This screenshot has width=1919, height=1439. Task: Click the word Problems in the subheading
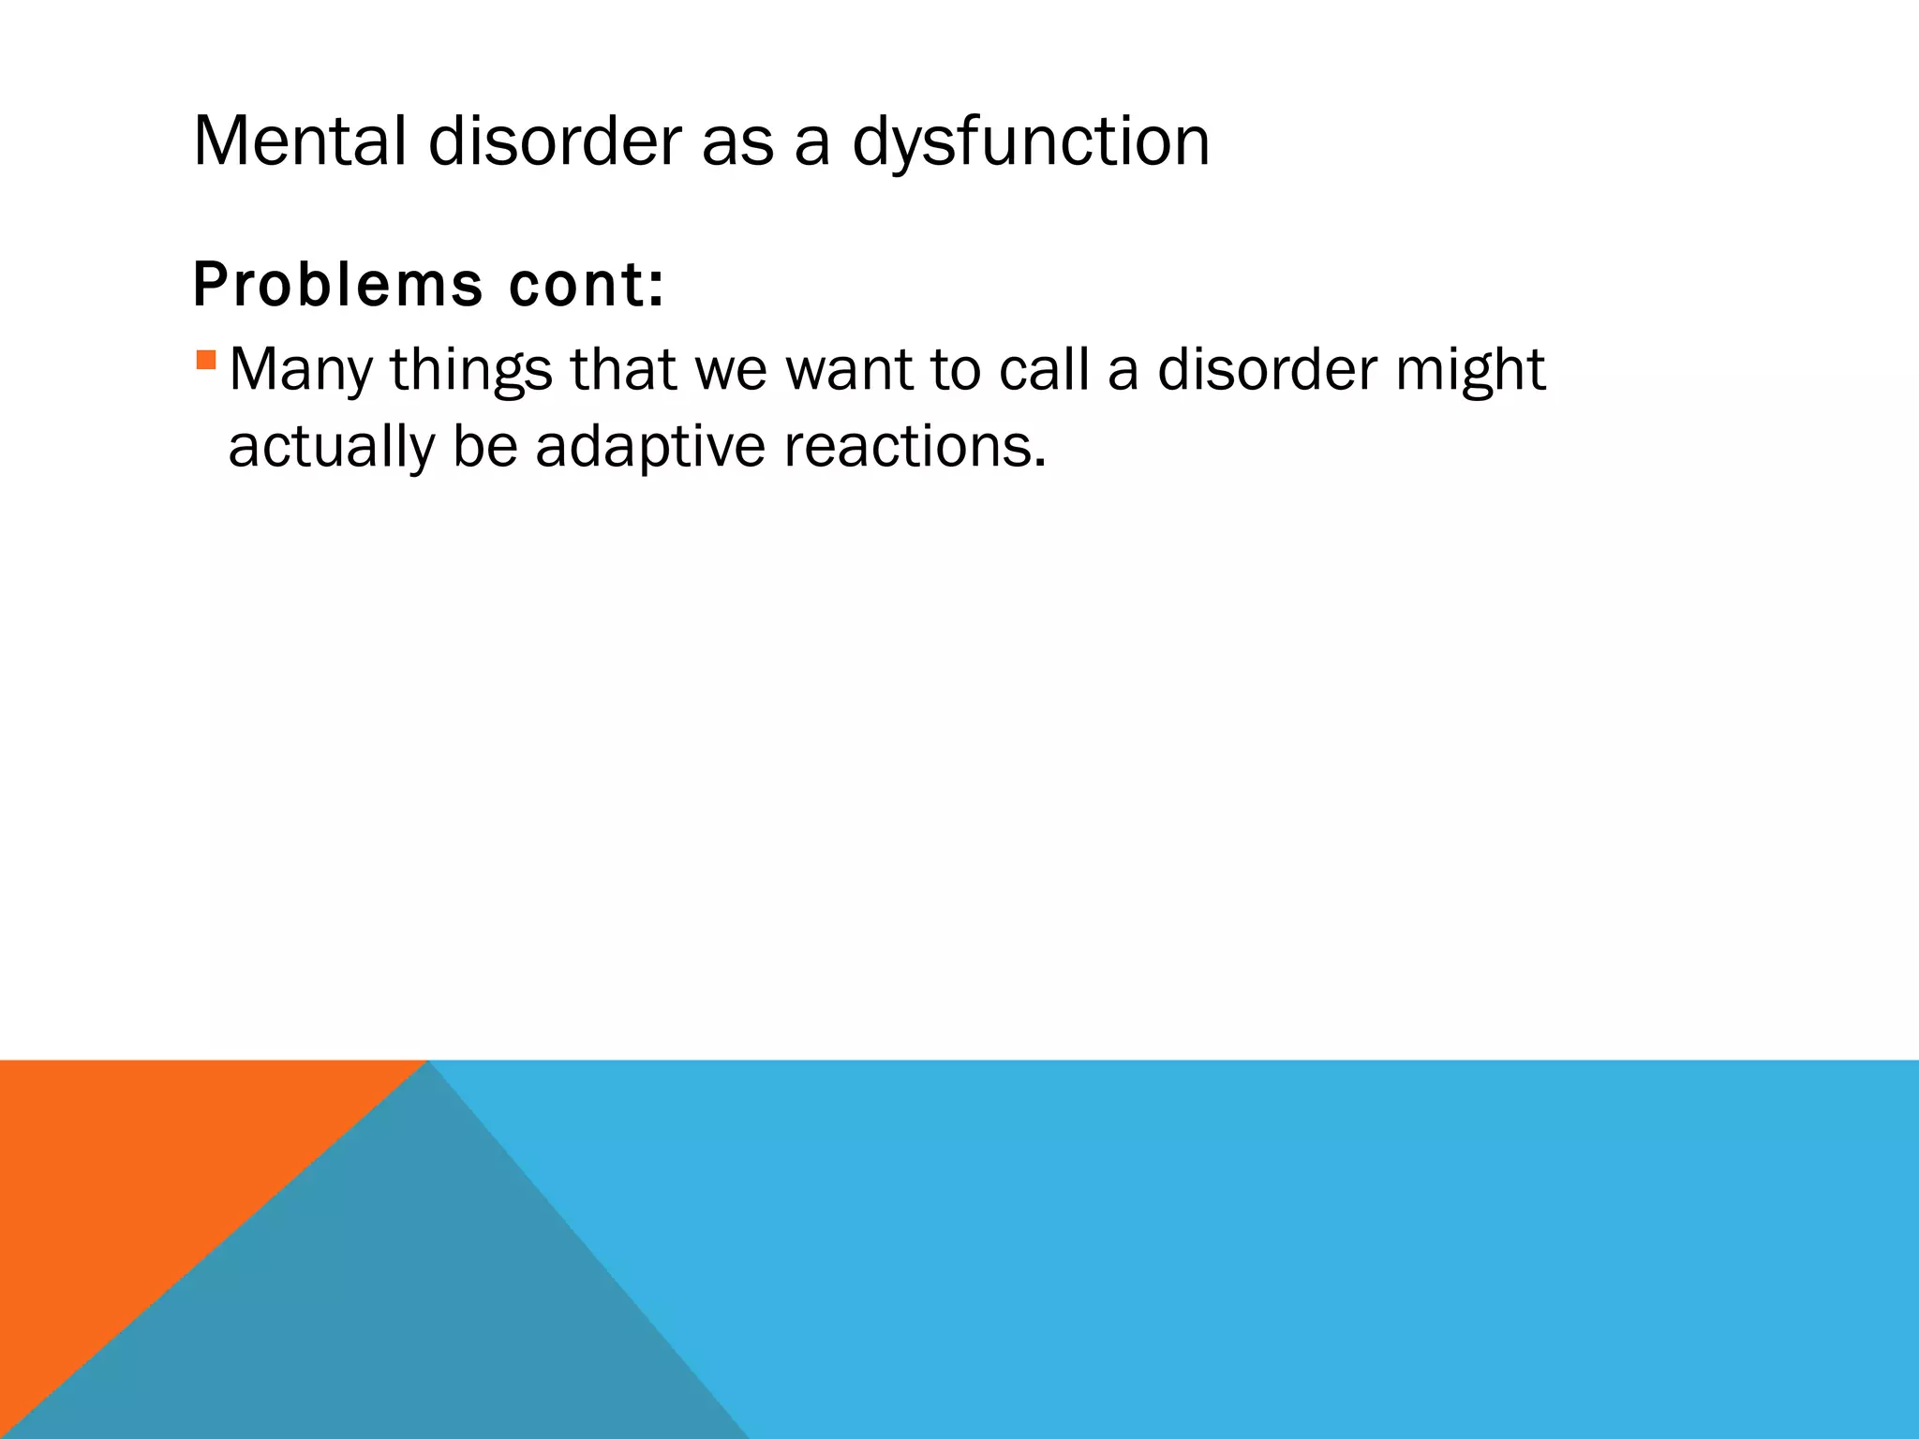(x=337, y=285)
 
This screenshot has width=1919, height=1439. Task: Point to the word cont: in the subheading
(x=587, y=285)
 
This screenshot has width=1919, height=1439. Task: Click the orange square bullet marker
(x=207, y=359)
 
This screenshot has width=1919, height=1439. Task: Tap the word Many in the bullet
(x=301, y=370)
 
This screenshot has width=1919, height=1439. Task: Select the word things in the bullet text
(x=471, y=370)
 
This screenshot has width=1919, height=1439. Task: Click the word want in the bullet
(x=848, y=370)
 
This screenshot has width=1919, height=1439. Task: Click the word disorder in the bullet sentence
(x=1268, y=370)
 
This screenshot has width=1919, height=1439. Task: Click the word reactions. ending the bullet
(x=915, y=447)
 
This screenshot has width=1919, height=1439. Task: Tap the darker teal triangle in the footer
(x=394, y=1312)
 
